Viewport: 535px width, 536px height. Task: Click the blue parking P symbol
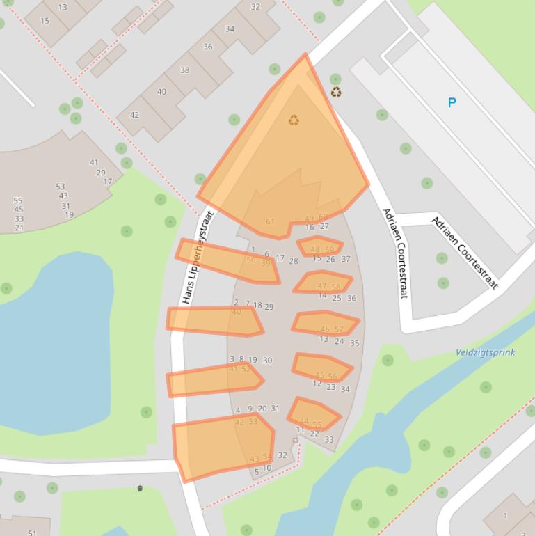point(452,103)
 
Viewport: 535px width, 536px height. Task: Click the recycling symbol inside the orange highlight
point(294,120)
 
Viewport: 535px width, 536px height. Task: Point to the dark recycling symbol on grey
point(336,92)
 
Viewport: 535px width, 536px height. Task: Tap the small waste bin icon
point(140,488)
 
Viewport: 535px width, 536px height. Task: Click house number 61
point(270,222)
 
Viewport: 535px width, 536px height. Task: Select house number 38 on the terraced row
point(184,70)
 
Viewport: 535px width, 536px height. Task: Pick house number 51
point(32,533)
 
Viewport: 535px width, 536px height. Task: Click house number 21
point(19,228)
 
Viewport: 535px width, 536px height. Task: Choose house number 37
point(346,259)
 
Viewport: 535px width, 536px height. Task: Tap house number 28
point(293,261)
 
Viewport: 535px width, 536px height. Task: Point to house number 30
point(267,361)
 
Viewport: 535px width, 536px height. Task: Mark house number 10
point(266,468)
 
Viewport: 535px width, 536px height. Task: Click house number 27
point(324,226)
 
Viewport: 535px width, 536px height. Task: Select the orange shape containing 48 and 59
point(319,246)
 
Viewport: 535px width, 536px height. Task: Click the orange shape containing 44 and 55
point(313,415)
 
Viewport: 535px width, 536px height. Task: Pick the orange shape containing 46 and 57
point(325,324)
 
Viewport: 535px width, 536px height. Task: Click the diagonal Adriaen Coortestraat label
point(465,253)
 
